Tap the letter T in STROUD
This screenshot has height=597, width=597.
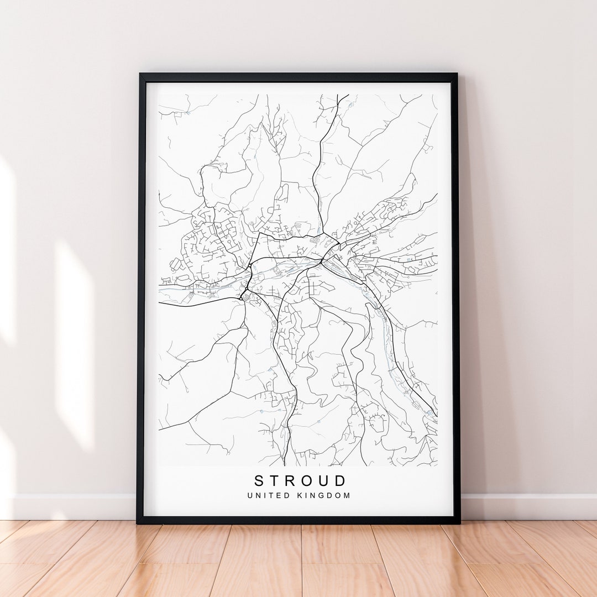(276, 481)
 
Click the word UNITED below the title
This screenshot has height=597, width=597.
(266, 496)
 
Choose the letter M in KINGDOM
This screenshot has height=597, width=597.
(347, 496)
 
